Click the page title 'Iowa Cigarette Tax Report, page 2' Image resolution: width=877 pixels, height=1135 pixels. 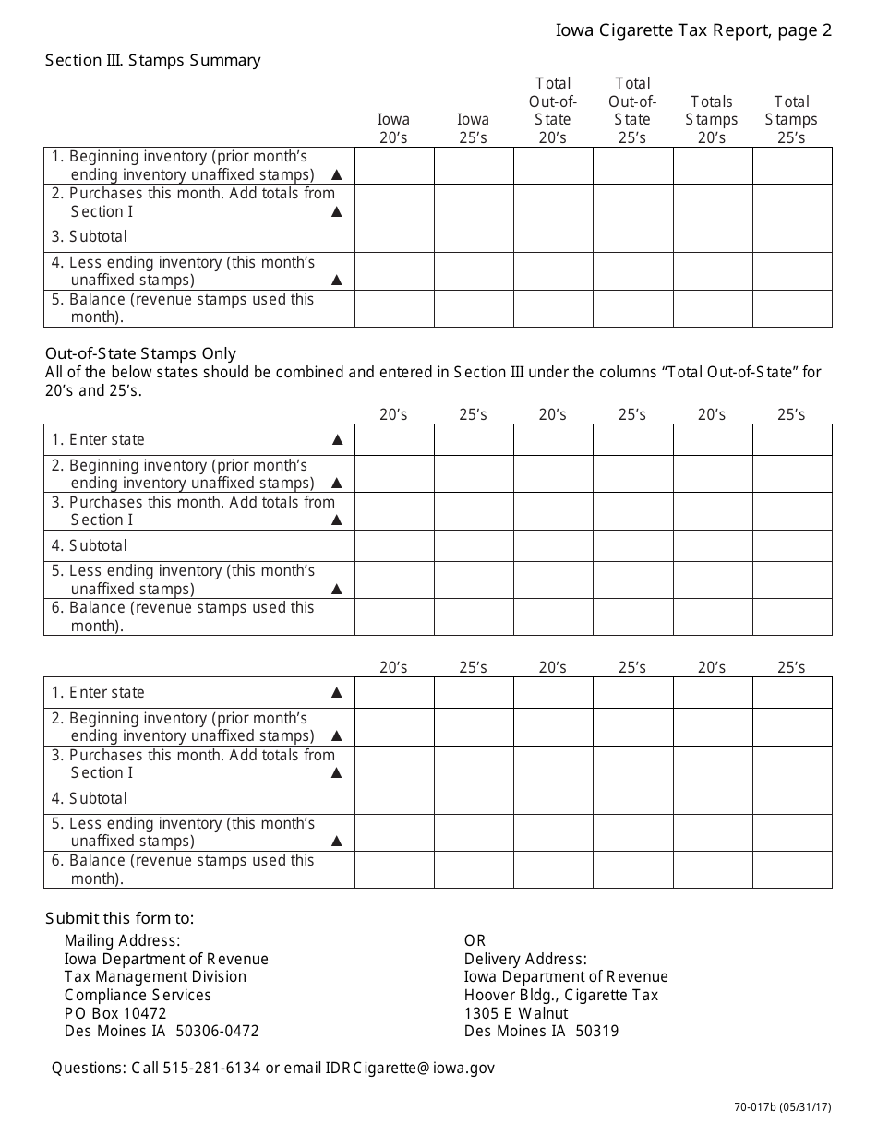coord(693,30)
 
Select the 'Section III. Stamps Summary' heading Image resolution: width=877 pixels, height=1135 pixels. coord(153,60)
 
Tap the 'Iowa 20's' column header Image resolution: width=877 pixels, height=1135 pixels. coord(394,128)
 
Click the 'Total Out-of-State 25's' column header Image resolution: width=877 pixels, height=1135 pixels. coord(632,111)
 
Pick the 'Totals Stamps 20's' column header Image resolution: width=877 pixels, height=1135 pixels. coord(712,119)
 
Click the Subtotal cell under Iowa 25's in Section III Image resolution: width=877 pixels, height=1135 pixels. coord(474,236)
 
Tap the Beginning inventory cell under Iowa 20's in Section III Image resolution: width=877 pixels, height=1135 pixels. coord(394,166)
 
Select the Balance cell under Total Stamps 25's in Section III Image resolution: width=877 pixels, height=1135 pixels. coord(792,308)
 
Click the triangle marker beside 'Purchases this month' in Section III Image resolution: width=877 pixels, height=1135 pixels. coord(337,211)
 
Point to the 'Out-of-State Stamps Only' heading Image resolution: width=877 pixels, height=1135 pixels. coord(141,353)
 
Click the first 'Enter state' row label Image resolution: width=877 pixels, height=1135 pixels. coord(98,439)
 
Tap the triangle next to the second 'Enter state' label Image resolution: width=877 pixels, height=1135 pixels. coord(337,692)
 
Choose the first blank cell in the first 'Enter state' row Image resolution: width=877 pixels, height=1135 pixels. coord(394,439)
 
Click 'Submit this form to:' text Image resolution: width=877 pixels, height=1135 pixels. coord(120,918)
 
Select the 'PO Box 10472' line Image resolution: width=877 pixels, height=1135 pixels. coord(115,1013)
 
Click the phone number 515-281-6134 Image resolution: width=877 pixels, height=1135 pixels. coord(212,1068)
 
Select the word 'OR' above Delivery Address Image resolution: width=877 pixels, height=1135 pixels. coord(475,940)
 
